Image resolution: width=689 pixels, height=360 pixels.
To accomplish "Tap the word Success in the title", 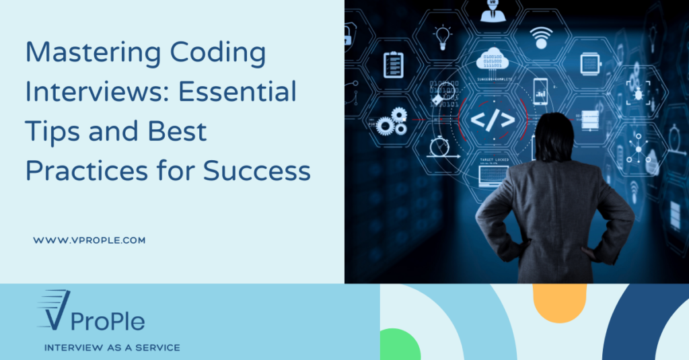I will coord(257,171).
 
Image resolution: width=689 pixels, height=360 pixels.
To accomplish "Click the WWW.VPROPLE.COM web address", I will coord(89,240).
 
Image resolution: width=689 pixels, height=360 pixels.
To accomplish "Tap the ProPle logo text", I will coord(108,321).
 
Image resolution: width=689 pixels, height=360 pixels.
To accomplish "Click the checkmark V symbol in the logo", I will coord(54,310).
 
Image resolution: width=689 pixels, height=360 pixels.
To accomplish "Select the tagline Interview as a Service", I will coord(112,348).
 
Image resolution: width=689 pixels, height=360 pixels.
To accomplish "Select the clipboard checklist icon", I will coord(393,64).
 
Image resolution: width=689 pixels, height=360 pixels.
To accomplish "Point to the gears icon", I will coord(392,122).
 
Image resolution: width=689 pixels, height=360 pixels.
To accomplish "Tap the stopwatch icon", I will coord(441,145).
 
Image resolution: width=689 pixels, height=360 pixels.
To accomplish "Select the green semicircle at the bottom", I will coord(400,344).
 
